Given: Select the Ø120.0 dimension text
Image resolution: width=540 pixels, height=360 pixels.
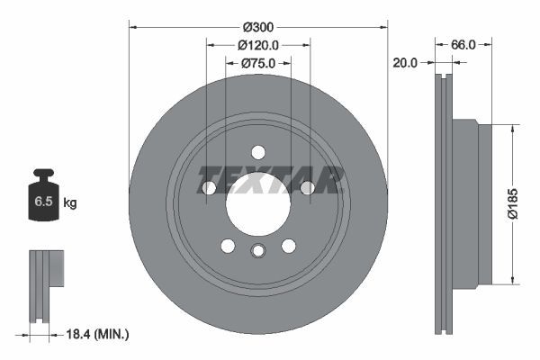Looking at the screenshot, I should pyautogui.click(x=258, y=45).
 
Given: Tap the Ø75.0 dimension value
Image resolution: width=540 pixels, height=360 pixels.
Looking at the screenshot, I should pyautogui.click(x=258, y=63).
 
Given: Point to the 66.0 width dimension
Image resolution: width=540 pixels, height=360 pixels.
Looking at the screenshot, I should pyautogui.click(x=462, y=43).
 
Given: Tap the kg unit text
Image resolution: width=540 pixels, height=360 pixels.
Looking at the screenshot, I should pyautogui.click(x=70, y=203).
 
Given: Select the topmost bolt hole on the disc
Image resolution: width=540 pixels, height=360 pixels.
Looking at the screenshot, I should pyautogui.click(x=258, y=152).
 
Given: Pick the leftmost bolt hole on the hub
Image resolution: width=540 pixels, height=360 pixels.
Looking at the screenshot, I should pyautogui.click(x=209, y=188).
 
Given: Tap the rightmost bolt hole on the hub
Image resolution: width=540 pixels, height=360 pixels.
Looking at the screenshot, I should pyautogui.click(x=307, y=187).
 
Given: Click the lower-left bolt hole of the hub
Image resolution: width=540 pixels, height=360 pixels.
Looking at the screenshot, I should pyautogui.click(x=228, y=246).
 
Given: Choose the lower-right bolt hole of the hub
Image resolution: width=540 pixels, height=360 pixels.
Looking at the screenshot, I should pyautogui.click(x=289, y=246).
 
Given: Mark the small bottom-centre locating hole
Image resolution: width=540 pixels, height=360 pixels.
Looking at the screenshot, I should pyautogui.click(x=258, y=252).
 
